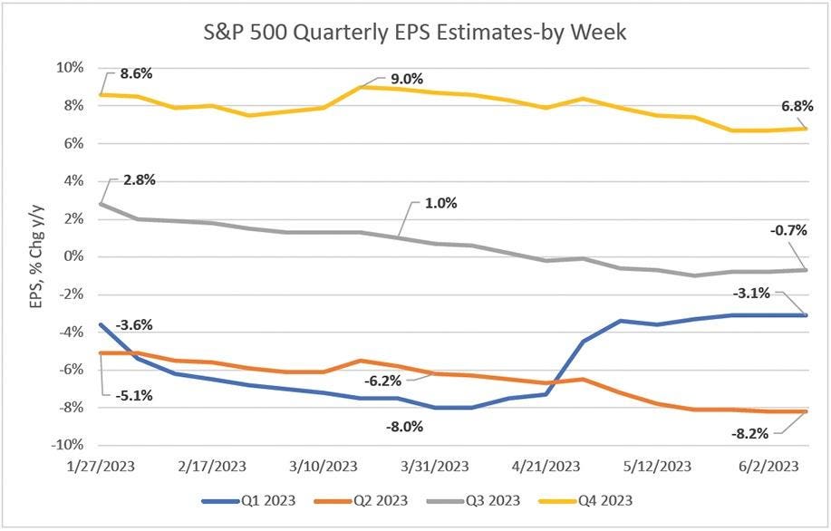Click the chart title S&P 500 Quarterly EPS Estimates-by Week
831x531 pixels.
(415, 35)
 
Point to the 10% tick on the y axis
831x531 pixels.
(71, 68)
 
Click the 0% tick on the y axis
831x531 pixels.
(74, 256)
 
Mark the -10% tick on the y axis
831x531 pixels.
(67, 446)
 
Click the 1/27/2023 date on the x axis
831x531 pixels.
(101, 468)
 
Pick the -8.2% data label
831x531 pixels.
(750, 433)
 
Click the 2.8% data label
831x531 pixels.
(139, 179)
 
